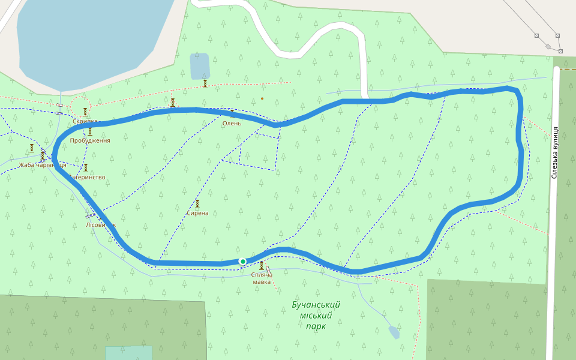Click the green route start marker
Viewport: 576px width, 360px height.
click(x=242, y=261)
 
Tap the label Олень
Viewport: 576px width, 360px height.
click(x=232, y=124)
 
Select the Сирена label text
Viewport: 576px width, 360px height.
click(x=197, y=213)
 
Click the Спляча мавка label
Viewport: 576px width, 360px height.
click(x=262, y=278)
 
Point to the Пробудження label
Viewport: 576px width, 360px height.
click(x=90, y=140)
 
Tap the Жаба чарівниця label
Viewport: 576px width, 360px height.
click(x=43, y=165)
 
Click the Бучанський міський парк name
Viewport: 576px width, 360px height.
click(x=316, y=315)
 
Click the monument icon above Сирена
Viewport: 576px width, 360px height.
click(x=197, y=203)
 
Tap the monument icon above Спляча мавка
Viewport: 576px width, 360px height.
click(x=262, y=265)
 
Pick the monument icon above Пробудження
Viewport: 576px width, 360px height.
click(x=90, y=131)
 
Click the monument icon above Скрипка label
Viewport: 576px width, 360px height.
click(x=85, y=112)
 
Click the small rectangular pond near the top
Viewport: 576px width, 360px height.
click(x=200, y=66)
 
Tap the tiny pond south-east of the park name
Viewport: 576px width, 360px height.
click(x=394, y=331)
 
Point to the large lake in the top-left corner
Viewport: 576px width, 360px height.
click(x=90, y=36)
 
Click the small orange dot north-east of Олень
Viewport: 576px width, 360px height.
click(x=262, y=98)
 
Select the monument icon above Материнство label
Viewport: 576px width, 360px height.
click(x=85, y=168)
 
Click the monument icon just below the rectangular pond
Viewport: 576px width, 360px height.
click(x=205, y=83)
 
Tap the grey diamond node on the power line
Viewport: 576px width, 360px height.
click(x=548, y=46)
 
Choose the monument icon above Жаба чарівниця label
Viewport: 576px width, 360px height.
click(x=43, y=156)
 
